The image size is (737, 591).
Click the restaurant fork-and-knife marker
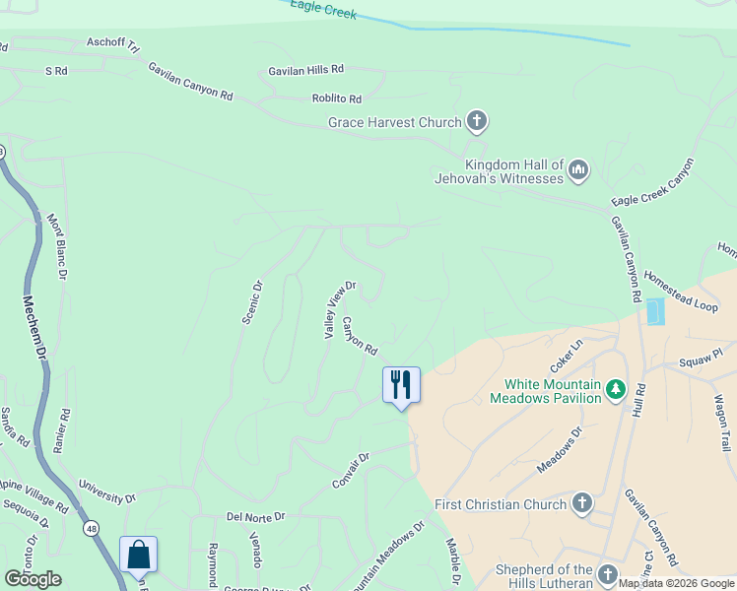coord(401,384)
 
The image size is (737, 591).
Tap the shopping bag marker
coord(138,555)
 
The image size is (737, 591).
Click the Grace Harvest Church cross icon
coord(477,122)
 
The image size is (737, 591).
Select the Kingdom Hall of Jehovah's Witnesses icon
coord(578,171)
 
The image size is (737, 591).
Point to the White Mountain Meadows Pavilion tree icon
coord(616,390)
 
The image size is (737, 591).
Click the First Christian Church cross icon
coord(581,504)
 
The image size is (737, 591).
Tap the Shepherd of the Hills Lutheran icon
coord(607,574)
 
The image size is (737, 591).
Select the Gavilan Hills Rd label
coord(306,70)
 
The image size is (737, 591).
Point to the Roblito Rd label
coord(337,99)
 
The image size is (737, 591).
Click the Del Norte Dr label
coord(255,516)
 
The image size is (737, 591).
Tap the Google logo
coord(33,579)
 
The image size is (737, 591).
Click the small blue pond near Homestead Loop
coord(653,313)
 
